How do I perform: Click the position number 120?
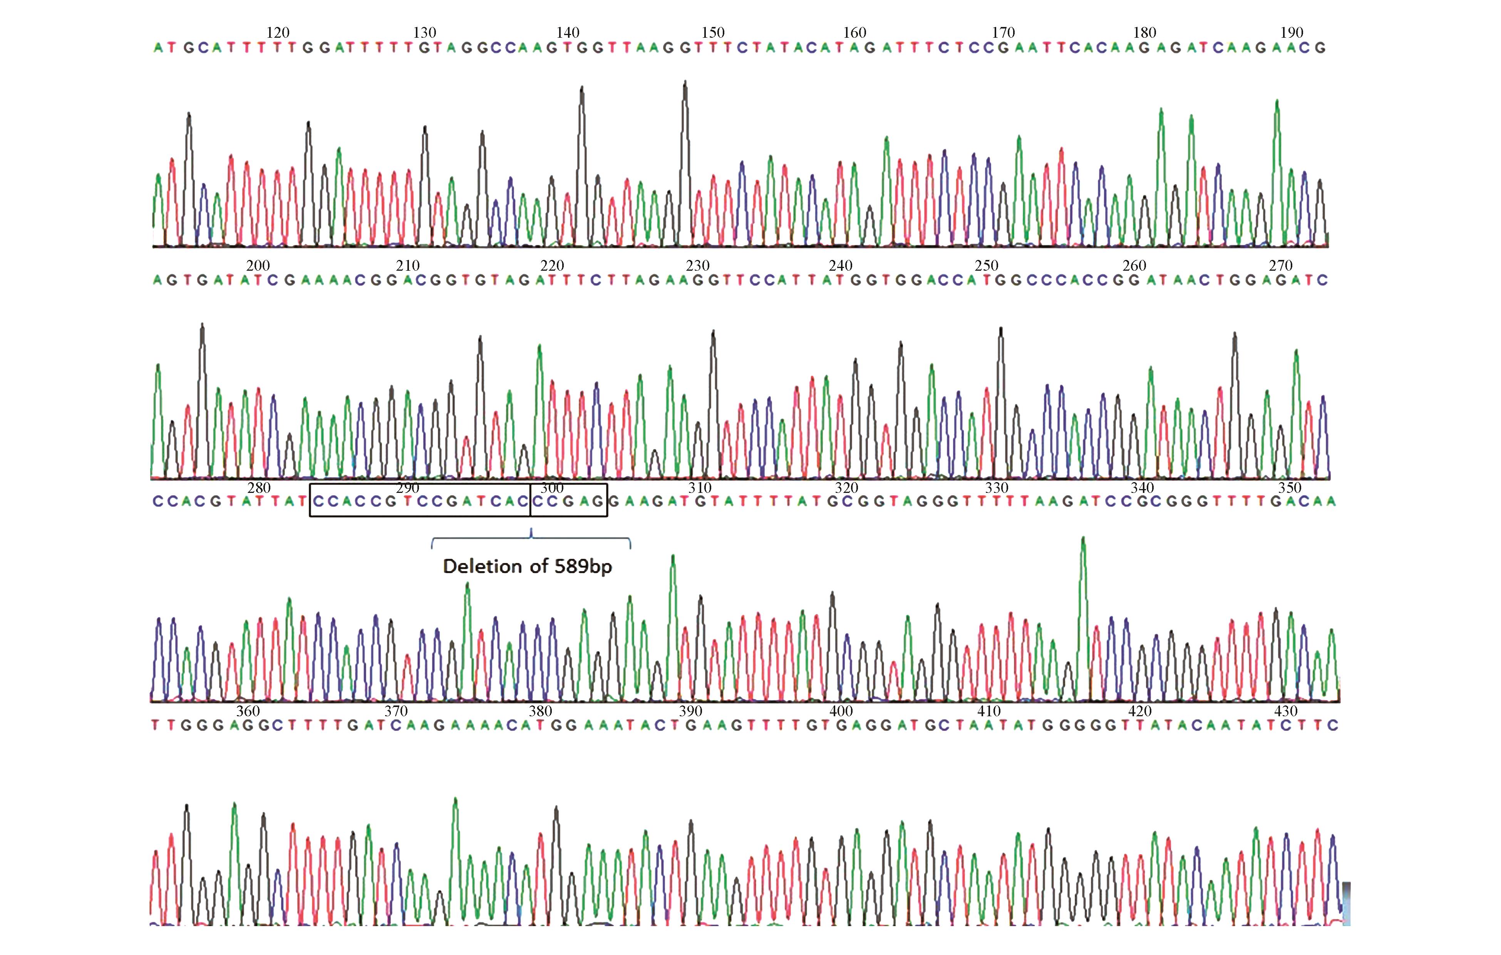[278, 32]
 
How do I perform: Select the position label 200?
[258, 266]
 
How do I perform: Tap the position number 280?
[259, 488]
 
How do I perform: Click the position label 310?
[700, 488]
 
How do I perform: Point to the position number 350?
[1290, 488]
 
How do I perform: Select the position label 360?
[248, 710]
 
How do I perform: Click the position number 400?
[841, 710]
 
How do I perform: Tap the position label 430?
[1286, 710]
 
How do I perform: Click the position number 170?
[1003, 32]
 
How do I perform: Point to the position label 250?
[987, 266]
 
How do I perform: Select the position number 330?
[997, 488]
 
